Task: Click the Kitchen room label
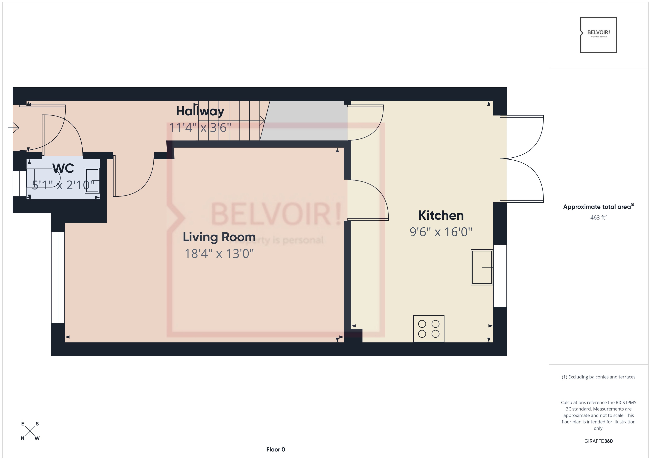441,216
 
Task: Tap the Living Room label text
219,237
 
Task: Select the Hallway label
200,111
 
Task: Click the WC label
63,168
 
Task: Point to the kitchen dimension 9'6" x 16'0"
441,232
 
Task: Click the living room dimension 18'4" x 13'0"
219,254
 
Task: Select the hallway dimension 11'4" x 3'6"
200,127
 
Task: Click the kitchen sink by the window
482,267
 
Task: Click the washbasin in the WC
92,180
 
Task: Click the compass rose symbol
30,431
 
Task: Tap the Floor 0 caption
276,449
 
